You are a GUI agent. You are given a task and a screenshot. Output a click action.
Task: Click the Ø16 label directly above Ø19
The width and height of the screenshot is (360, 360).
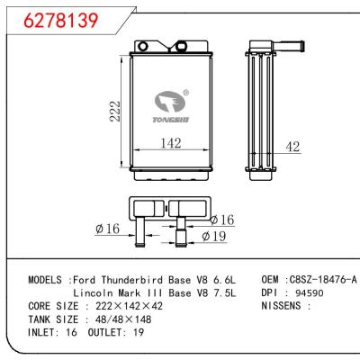click(222, 219)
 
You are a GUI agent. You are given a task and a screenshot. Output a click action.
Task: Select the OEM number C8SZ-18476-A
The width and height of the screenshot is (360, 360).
click(322, 280)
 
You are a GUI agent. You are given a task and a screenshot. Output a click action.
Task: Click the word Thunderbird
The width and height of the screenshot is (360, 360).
click(136, 280)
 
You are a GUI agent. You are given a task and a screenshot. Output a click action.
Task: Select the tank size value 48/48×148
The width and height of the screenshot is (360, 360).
click(127, 320)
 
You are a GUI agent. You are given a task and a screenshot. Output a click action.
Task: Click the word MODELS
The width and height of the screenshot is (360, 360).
click(43, 280)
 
